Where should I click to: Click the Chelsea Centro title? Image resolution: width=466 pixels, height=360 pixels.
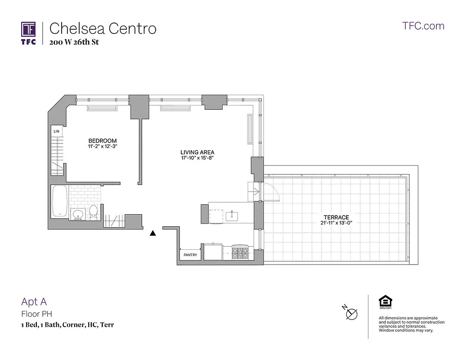pyautogui.click(x=103, y=28)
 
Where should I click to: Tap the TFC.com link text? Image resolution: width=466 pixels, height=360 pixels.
pyautogui.click(x=423, y=26)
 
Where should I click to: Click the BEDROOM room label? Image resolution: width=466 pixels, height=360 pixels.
pyautogui.click(x=103, y=141)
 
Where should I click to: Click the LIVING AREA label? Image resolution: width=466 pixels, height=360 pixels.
pyautogui.click(x=197, y=153)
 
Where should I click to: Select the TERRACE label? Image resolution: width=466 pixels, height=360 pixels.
pyautogui.click(x=336, y=217)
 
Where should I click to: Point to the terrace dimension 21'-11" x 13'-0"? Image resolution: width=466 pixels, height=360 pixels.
pyautogui.click(x=336, y=223)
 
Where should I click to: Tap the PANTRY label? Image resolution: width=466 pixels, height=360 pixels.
pyautogui.click(x=190, y=255)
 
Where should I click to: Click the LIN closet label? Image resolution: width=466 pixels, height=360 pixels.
pyautogui.click(x=57, y=131)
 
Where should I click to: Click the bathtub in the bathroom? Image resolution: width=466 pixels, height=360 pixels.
pyautogui.click(x=59, y=201)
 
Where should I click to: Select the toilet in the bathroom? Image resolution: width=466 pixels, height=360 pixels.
pyautogui.click(x=94, y=211)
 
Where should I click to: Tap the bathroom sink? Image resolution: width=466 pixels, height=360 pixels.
pyautogui.click(x=78, y=214)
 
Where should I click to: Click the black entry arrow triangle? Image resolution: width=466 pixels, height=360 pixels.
pyautogui.click(x=153, y=233)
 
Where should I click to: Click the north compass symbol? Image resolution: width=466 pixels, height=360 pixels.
pyautogui.click(x=350, y=313)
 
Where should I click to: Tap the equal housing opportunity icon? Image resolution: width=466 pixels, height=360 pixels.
pyautogui.click(x=385, y=301)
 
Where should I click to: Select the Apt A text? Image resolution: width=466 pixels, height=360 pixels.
pyautogui.click(x=34, y=302)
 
